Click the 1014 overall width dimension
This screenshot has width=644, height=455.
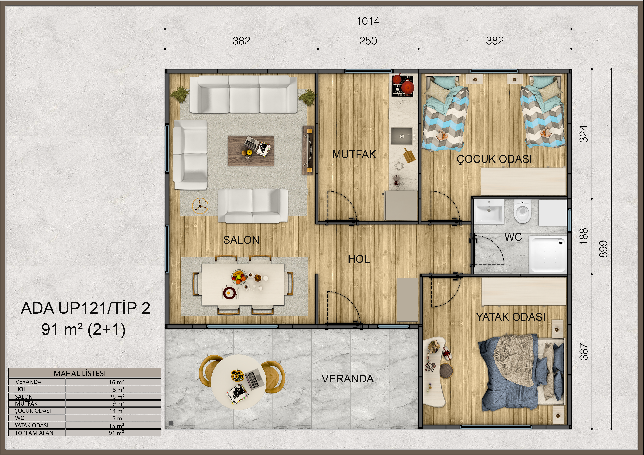[368, 21]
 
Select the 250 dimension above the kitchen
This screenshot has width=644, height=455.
[368, 41]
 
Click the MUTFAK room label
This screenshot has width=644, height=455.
[354, 154]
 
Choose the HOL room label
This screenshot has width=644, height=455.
[359, 259]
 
